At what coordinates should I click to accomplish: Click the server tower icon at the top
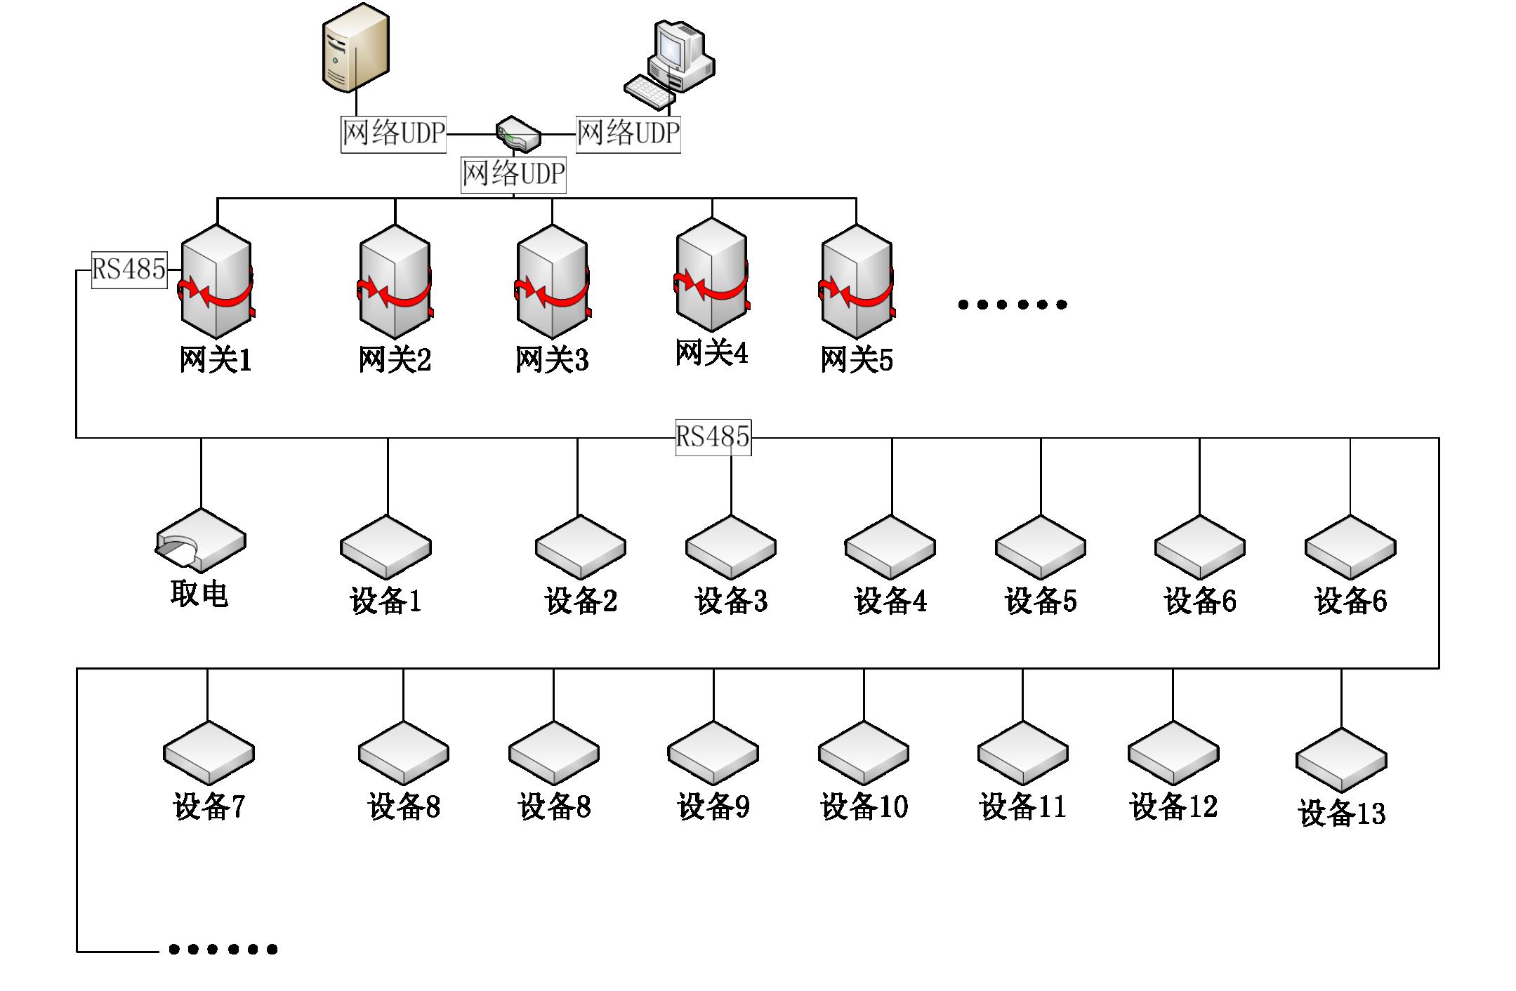(355, 48)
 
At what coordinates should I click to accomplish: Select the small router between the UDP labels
(518, 134)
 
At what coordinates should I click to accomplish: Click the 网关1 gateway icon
(216, 281)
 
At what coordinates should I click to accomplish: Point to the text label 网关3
(552, 360)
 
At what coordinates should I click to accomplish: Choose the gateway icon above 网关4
(712, 274)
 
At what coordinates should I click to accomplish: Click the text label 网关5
(857, 360)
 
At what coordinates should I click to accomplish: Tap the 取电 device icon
(200, 540)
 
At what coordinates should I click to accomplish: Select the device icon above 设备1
(385, 547)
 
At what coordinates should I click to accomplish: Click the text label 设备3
(731, 601)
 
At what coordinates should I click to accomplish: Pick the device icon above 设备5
(1041, 547)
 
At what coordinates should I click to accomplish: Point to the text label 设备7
(209, 806)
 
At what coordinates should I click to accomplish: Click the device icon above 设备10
(864, 753)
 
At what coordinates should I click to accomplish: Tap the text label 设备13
(1342, 813)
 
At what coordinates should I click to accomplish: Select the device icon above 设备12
(1173, 753)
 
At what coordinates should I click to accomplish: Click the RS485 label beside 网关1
(129, 270)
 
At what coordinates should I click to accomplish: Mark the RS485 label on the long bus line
(713, 437)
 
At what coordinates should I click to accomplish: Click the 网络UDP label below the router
(513, 173)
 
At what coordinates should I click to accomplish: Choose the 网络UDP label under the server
(393, 133)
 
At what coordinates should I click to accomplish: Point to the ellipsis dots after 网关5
(1012, 304)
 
